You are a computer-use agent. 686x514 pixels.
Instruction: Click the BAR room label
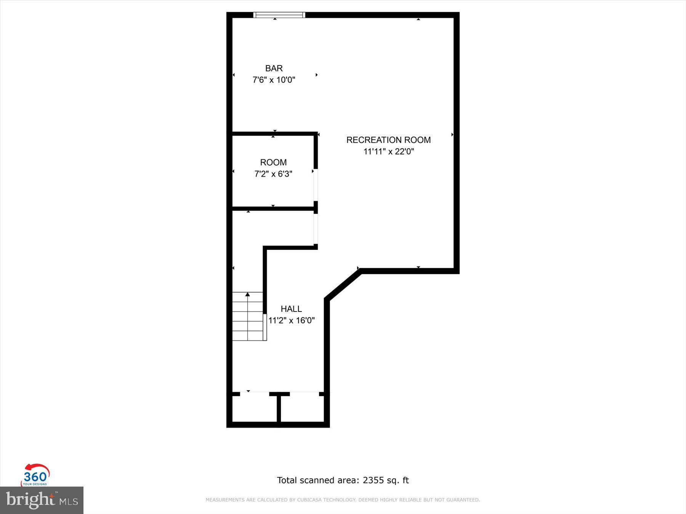coord(274,68)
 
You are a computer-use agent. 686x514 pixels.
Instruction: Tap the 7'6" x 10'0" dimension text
coord(274,80)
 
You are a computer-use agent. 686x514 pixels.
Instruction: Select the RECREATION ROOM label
coord(388,140)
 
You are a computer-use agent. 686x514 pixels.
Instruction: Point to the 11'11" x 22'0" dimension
coord(388,152)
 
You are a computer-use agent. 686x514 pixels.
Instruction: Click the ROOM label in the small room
coord(273,163)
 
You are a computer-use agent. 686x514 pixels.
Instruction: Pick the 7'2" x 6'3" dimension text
coord(273,174)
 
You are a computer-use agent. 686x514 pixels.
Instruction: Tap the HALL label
coord(291,309)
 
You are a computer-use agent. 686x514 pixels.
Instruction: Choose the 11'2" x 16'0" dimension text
coord(291,321)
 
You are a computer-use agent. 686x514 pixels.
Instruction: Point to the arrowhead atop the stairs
coord(248,294)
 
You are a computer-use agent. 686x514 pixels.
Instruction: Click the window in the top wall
coord(279,15)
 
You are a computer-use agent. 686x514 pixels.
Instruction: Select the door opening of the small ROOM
coord(316,185)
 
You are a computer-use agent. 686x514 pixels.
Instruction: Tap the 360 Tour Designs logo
coord(35,475)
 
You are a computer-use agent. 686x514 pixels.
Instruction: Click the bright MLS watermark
coord(42,500)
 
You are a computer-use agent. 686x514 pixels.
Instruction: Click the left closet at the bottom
coord(254,408)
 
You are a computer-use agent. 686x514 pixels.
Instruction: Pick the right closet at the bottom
coord(302,408)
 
